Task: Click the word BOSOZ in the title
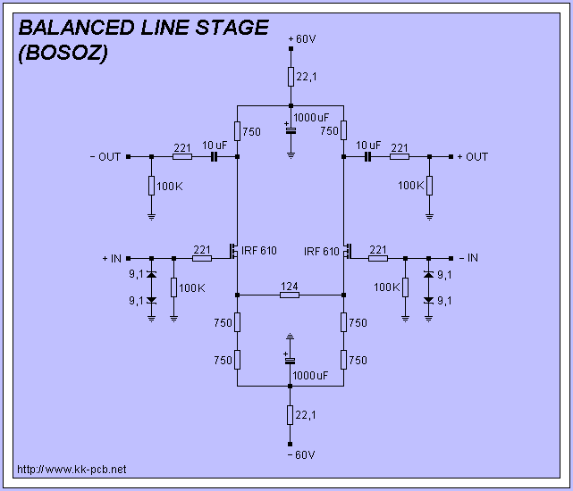(63, 53)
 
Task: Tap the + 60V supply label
(303, 40)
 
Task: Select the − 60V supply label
(302, 455)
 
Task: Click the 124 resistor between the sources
(290, 295)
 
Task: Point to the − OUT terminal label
(105, 157)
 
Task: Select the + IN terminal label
(112, 258)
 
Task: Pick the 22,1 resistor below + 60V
(291, 77)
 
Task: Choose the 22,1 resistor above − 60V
(291, 415)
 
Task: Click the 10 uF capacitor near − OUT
(215, 157)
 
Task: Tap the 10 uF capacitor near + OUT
(367, 157)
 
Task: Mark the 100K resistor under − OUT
(151, 186)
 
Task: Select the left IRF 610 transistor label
(259, 251)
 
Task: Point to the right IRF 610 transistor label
(322, 251)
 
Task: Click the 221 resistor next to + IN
(201, 258)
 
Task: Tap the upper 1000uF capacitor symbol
(291, 130)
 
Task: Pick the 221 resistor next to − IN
(377, 258)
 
